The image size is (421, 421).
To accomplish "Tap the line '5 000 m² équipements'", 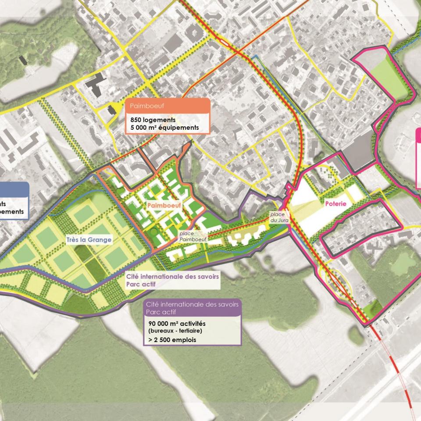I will [x=164, y=128].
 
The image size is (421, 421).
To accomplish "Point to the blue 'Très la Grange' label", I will [x=89, y=239].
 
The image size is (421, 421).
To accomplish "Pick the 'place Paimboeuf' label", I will [x=189, y=237].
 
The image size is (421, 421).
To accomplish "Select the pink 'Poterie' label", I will [x=335, y=204].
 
